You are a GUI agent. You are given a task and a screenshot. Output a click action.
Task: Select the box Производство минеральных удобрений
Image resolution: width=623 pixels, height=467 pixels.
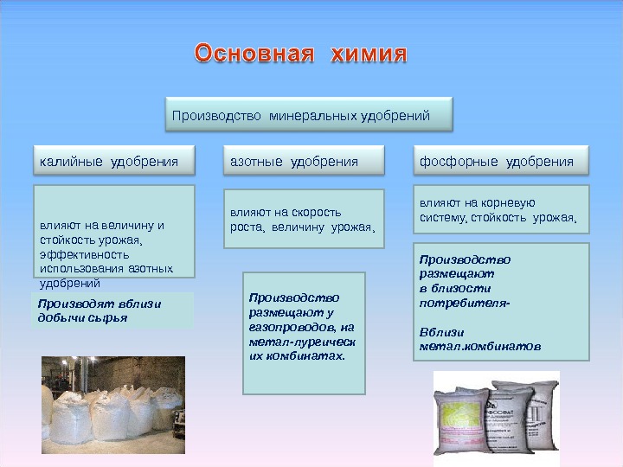click(308, 115)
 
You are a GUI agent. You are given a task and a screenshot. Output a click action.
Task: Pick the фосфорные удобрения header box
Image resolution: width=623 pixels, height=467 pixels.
click(496, 161)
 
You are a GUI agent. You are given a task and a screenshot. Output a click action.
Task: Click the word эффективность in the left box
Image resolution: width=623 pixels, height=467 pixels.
click(85, 254)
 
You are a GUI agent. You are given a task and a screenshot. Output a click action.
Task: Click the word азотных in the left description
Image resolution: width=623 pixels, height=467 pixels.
click(151, 268)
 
